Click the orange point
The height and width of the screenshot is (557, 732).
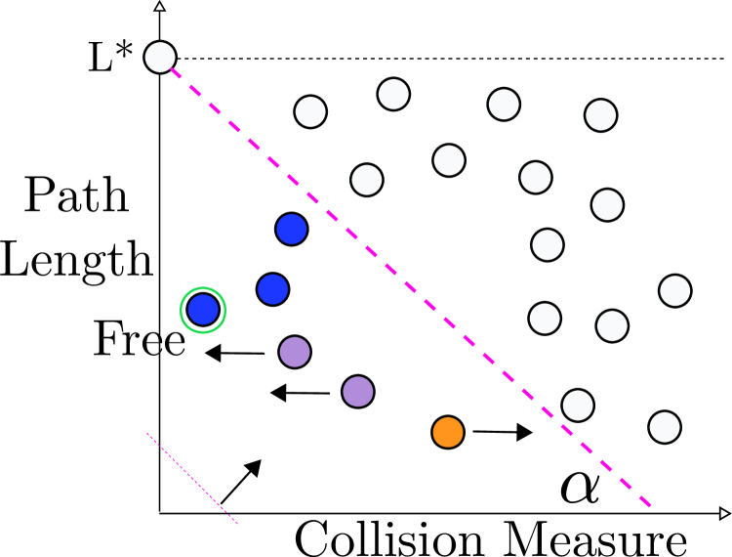(x=448, y=432)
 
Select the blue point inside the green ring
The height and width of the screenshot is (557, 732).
(x=203, y=310)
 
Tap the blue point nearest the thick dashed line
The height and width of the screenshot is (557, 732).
(x=292, y=229)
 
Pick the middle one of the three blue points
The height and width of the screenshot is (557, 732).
(x=272, y=289)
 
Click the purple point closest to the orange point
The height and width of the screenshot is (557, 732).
(x=358, y=391)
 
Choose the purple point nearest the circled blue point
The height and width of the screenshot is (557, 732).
(x=295, y=352)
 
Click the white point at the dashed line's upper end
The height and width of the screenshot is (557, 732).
(x=160, y=58)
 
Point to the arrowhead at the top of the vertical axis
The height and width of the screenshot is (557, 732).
(x=160, y=7)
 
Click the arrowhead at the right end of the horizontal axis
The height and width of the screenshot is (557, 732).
(x=724, y=513)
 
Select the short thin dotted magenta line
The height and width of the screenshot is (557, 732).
(x=192, y=479)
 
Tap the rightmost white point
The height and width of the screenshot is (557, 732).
(x=675, y=290)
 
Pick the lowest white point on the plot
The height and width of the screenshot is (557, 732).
(x=665, y=427)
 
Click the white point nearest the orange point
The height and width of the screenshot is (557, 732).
(x=578, y=406)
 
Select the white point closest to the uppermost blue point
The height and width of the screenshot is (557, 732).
(x=367, y=180)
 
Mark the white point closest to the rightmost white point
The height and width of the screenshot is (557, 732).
(x=612, y=325)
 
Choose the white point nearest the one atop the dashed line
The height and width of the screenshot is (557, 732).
(x=310, y=111)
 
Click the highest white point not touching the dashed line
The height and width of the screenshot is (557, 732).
(x=393, y=94)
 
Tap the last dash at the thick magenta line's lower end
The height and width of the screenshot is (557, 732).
(x=645, y=501)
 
